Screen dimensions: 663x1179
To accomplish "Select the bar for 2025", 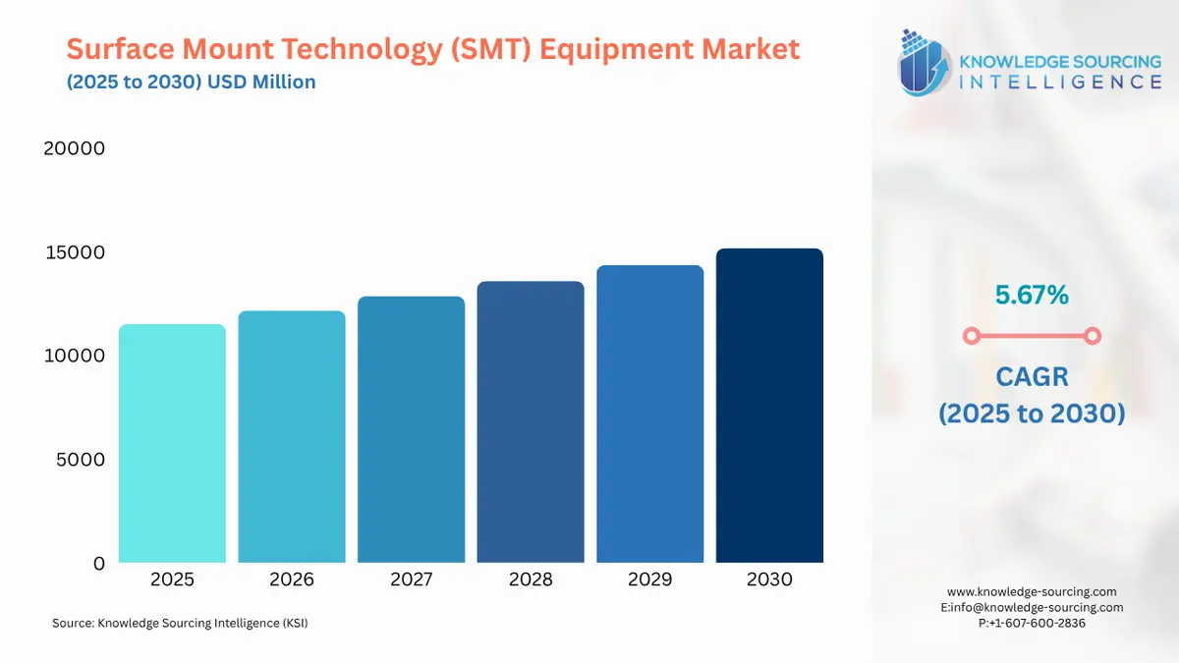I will pos(172,443).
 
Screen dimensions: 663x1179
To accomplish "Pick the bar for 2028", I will pos(531,421).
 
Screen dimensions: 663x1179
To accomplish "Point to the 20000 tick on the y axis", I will pos(74,148).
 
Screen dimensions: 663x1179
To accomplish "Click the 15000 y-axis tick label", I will pos(74,252).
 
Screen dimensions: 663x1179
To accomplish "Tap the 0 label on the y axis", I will pos(98,563).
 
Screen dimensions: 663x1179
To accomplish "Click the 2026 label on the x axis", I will pos(292,580).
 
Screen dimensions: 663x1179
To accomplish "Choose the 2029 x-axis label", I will pos(649,580).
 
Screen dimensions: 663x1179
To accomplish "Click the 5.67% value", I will pos(1031,294).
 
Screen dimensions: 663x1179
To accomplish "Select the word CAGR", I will pos(1032,376).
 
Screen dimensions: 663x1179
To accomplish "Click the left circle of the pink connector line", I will pos(971,336).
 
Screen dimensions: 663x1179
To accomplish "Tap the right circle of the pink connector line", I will pos(1092,336).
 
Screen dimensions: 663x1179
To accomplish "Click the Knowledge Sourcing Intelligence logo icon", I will pos(925,61).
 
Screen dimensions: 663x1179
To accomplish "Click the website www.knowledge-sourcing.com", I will pos(1032,591).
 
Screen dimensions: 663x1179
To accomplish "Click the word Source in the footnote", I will pos(72,623).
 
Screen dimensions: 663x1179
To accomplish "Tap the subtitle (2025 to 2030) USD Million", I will pos(192,82).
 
